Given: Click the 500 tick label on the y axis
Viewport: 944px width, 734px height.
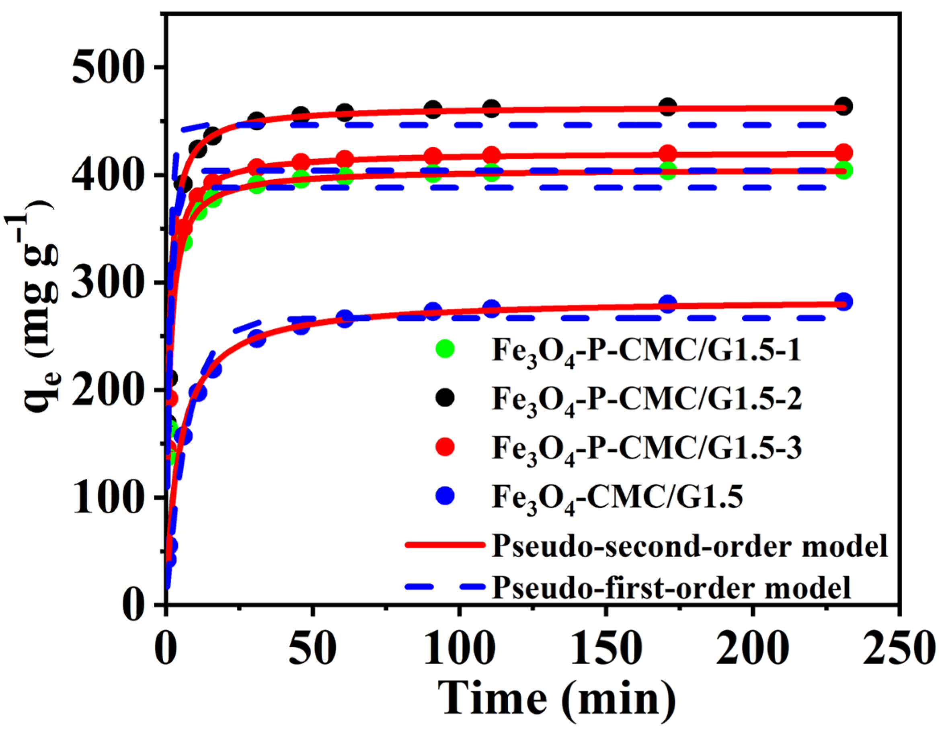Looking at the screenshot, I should pos(106,67).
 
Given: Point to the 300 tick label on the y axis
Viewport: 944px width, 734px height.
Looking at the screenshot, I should pos(106,282).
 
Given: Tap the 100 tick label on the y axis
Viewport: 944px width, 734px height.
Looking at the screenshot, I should pos(106,498).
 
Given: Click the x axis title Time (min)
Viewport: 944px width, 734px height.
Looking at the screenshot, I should pos(557,699).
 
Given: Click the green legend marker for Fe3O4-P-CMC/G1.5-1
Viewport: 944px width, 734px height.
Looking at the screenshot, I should pos(445,349).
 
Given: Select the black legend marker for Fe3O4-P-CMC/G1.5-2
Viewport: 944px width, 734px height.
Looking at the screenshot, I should pos(445,398).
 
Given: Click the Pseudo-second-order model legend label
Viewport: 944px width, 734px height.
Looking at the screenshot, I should pos(690,546).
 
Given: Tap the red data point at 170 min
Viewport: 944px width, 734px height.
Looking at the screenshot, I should pos(668,154).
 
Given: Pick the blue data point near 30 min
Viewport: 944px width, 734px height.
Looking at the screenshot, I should pos(257,338).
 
